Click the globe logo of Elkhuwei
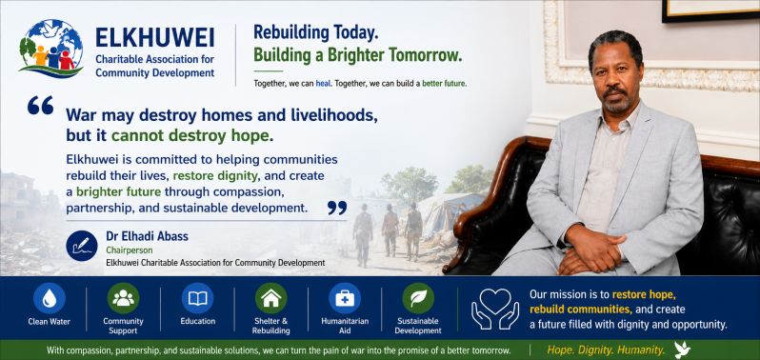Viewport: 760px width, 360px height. [x=51, y=49]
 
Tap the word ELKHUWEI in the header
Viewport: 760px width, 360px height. [x=155, y=38]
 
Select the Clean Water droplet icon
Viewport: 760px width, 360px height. [x=49, y=298]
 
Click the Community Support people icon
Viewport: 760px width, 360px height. [x=123, y=298]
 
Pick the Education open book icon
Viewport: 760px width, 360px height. [x=197, y=298]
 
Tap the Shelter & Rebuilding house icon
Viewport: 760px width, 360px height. [x=270, y=298]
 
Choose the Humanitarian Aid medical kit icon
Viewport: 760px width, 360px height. [x=345, y=298]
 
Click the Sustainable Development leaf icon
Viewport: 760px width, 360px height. [x=418, y=298]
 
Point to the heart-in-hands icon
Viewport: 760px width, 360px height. [x=495, y=309]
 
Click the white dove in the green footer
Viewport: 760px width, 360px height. [x=683, y=350]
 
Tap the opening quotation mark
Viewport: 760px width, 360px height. [x=40, y=105]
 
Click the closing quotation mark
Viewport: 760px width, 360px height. [x=337, y=208]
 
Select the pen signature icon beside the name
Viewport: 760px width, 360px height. [x=82, y=246]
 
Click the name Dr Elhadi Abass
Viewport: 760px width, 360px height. [x=148, y=236]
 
